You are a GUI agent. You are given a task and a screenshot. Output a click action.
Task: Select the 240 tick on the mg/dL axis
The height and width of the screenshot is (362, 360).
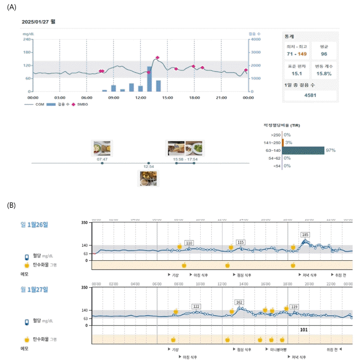tap(27, 40)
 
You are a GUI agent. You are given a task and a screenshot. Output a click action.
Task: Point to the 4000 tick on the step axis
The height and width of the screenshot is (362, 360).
tap(255, 40)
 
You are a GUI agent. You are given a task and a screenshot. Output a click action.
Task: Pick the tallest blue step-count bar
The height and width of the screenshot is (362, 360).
tap(150, 79)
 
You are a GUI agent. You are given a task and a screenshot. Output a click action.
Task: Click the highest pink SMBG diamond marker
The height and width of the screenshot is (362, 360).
tap(157, 58)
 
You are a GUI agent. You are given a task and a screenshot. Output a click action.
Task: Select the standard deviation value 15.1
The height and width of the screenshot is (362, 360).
tap(297, 75)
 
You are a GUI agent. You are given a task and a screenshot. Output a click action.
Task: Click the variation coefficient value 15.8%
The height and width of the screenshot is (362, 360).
tap(324, 75)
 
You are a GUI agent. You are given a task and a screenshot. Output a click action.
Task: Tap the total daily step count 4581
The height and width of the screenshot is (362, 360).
tap(310, 95)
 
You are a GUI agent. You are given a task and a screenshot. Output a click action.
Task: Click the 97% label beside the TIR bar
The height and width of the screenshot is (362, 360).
tap(331, 150)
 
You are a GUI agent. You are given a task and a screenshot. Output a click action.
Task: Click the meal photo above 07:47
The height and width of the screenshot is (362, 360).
tap(102, 148)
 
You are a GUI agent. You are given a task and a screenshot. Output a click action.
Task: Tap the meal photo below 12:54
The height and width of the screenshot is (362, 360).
tap(148, 178)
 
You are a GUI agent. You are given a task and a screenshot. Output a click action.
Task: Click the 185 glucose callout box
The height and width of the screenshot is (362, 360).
tap(305, 235)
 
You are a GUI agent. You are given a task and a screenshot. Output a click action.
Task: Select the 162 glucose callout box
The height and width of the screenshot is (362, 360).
tap(239, 302)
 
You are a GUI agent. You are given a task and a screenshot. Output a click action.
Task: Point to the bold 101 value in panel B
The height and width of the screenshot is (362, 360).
tap(304, 330)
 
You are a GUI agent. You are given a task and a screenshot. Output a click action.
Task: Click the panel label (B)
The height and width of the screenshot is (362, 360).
tap(12, 205)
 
